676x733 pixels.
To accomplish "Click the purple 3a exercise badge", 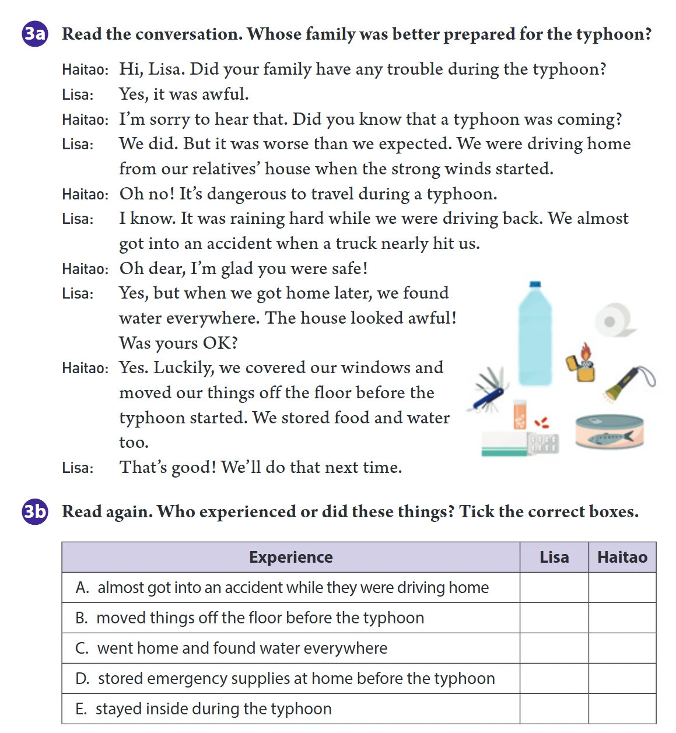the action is click(x=35, y=34).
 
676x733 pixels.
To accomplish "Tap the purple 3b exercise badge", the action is click(x=35, y=511).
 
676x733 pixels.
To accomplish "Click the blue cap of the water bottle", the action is click(x=535, y=284).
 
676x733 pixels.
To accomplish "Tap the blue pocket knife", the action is click(x=488, y=390).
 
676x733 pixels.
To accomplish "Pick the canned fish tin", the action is click(x=609, y=431).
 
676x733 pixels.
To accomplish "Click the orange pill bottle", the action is click(x=520, y=414).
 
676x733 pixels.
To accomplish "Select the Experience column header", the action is click(x=291, y=557).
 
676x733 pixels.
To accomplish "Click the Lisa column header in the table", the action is click(x=554, y=557).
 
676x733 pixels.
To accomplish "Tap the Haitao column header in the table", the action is click(x=622, y=557).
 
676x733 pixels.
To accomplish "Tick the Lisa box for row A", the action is click(x=554, y=588).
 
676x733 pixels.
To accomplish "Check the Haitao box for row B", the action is click(x=622, y=618).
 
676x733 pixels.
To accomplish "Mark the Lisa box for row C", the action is click(x=554, y=648).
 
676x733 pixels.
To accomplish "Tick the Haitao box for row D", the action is click(x=622, y=678).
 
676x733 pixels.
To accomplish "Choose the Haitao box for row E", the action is click(x=622, y=709).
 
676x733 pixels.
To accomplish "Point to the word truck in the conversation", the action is click(x=356, y=244).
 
